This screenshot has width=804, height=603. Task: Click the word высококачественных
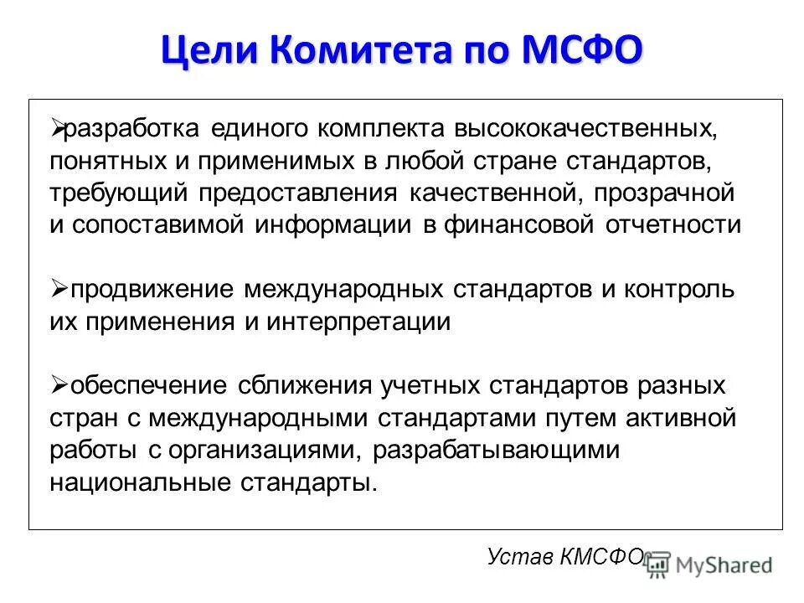pos(585,130)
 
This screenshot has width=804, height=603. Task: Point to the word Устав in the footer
pos(514,557)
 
